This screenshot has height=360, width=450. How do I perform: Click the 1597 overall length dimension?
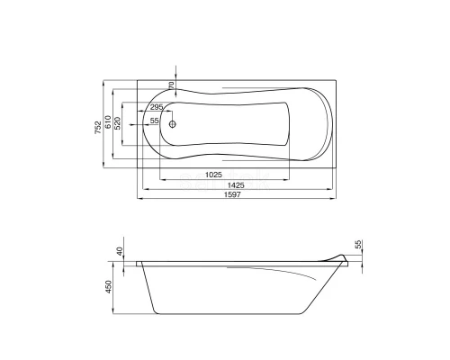[x=232, y=194]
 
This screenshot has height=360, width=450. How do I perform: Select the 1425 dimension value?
[x=236, y=185]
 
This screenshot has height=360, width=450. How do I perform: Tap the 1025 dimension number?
[x=213, y=175]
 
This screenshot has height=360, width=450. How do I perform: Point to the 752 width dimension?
[x=98, y=127]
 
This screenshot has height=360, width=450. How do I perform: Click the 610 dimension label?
[x=108, y=121]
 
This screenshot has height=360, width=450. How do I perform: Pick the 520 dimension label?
[x=118, y=123]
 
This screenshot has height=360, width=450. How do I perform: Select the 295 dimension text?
[x=157, y=107]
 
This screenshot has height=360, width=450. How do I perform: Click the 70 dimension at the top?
[x=172, y=85]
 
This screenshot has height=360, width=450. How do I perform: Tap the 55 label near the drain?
[x=154, y=121]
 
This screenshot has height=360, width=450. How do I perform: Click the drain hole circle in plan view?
[x=172, y=124]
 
